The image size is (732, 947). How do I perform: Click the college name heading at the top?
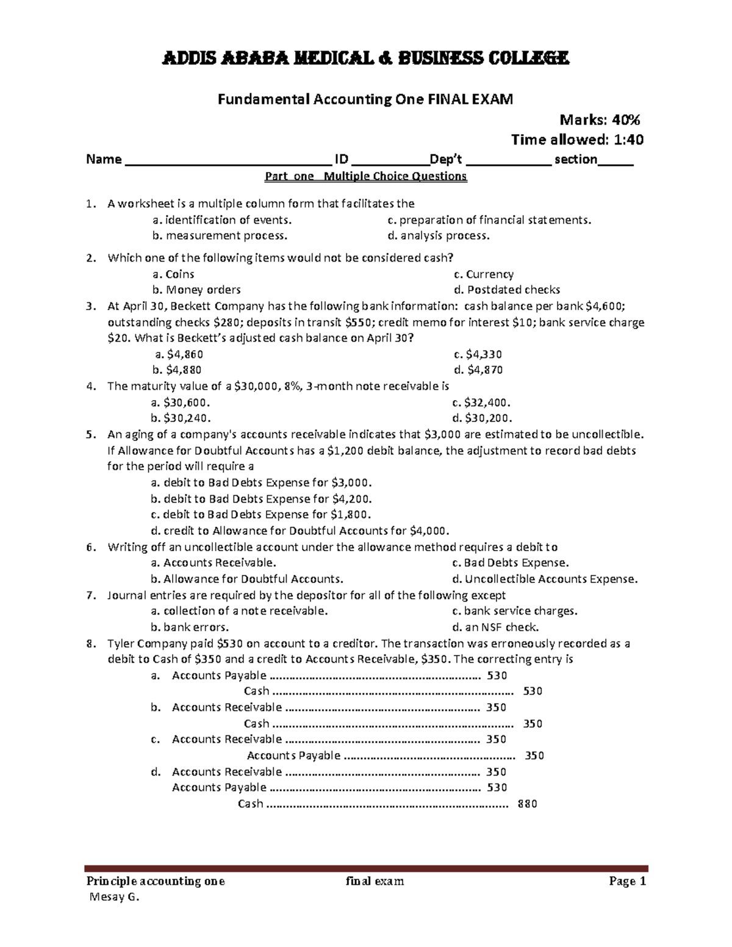(x=365, y=59)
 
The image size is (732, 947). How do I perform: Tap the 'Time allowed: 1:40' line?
(x=577, y=140)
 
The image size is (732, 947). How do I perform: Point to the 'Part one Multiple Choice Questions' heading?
(x=365, y=177)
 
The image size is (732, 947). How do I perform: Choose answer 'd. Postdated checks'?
(x=506, y=290)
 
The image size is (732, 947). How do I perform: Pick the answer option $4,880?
(x=177, y=370)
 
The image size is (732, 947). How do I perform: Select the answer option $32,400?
(x=481, y=402)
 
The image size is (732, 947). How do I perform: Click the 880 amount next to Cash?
(x=527, y=804)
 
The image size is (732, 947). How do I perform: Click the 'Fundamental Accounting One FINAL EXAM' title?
(x=365, y=99)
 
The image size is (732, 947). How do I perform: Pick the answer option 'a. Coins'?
(x=173, y=274)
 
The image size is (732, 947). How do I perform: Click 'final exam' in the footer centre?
(x=375, y=881)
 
